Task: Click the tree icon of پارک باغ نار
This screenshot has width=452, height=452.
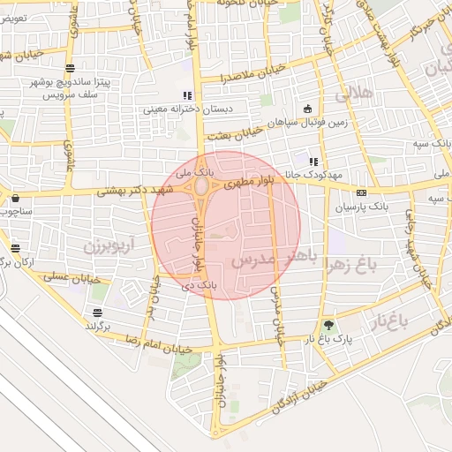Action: coord(329,325)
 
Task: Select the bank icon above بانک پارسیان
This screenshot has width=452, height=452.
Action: coord(360,192)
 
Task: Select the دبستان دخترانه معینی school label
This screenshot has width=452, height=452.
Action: coord(186,109)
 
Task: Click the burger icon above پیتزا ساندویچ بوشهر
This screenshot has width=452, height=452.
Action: coord(70,68)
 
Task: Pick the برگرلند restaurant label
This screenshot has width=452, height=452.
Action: coord(98,326)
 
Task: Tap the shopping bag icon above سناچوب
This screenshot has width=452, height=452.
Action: coord(16,198)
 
